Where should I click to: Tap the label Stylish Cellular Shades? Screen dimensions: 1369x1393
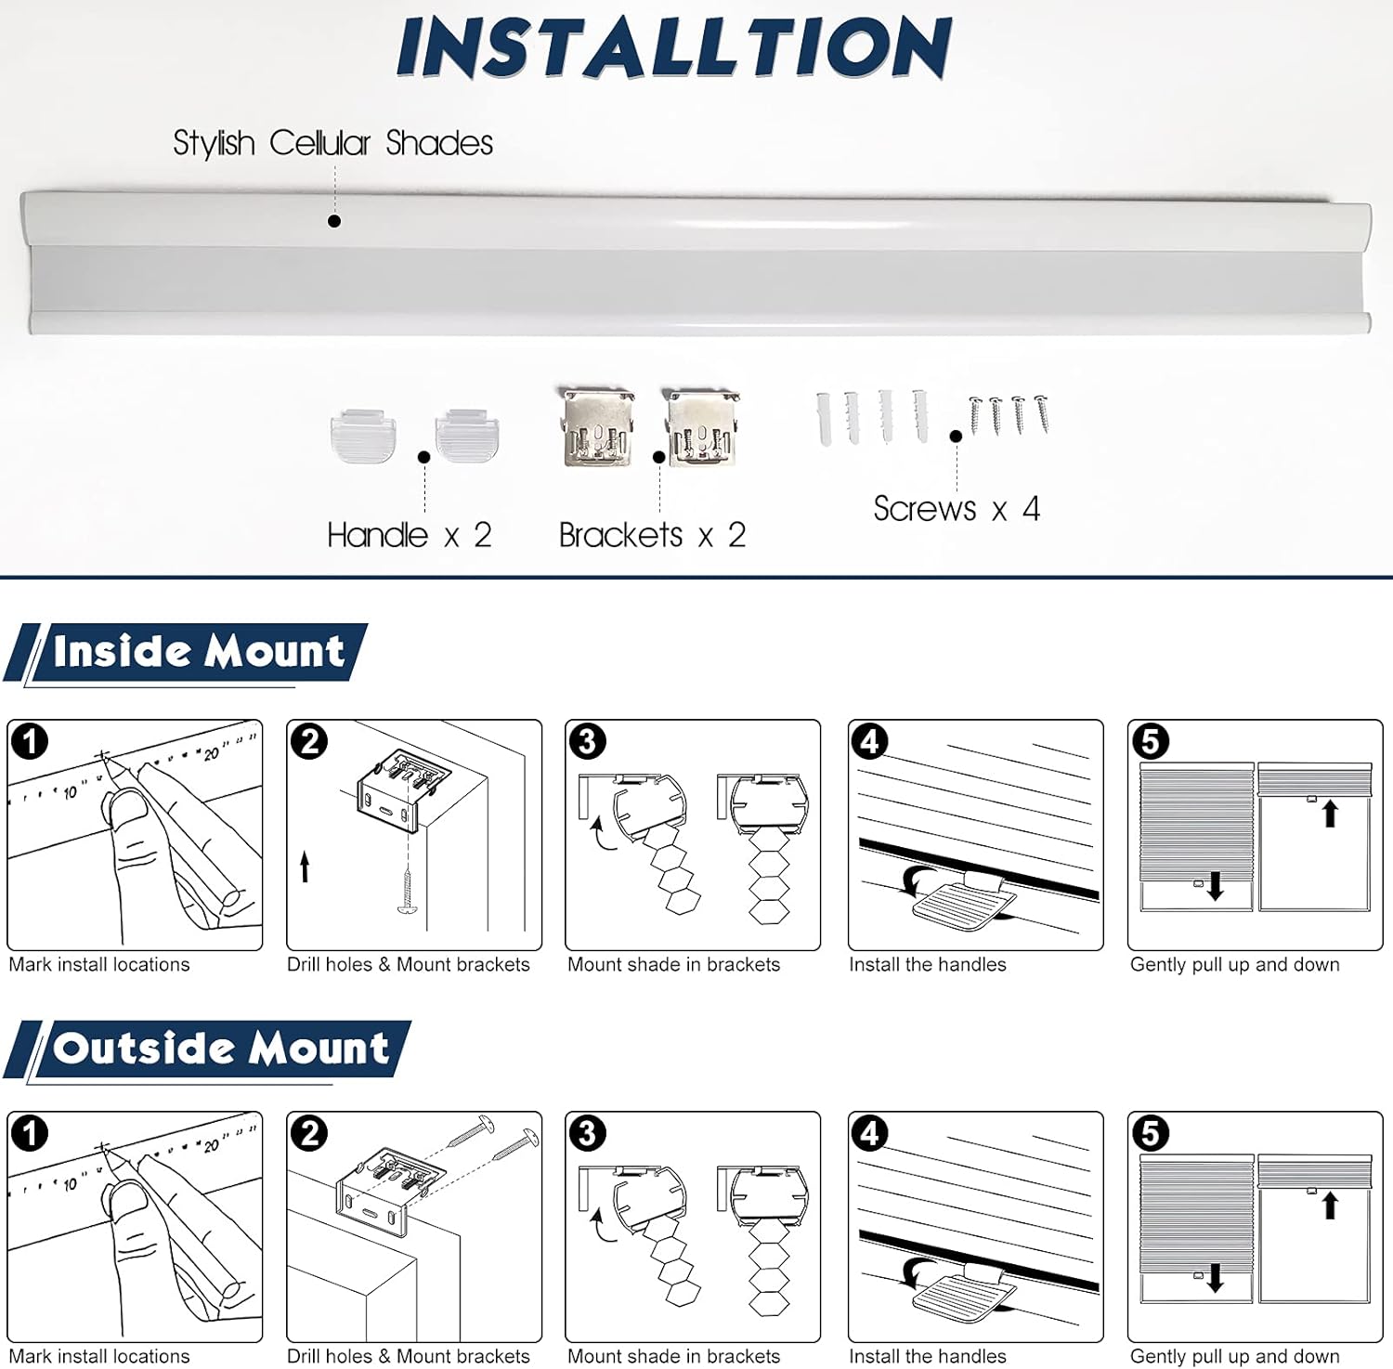point(332,143)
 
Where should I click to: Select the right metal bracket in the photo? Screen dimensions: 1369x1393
point(703,428)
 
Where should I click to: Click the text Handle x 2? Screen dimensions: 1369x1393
point(409,535)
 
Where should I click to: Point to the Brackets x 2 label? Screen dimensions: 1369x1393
point(652,535)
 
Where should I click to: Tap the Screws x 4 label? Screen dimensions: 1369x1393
point(956,509)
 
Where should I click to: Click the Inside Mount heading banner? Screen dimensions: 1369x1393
point(198,651)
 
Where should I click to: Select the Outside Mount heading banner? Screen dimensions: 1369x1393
point(220,1049)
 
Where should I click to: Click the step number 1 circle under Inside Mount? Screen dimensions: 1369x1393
point(30,741)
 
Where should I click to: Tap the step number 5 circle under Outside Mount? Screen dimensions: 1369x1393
point(1150,1133)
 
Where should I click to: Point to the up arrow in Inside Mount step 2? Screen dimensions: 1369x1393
point(305,867)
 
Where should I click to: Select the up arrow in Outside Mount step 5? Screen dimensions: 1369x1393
point(1330,1205)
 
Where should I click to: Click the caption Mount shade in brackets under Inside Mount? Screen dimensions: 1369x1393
point(673,964)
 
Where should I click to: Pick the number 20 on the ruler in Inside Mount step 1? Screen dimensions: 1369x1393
point(211,753)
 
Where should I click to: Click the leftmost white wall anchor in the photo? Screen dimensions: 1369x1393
point(825,419)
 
